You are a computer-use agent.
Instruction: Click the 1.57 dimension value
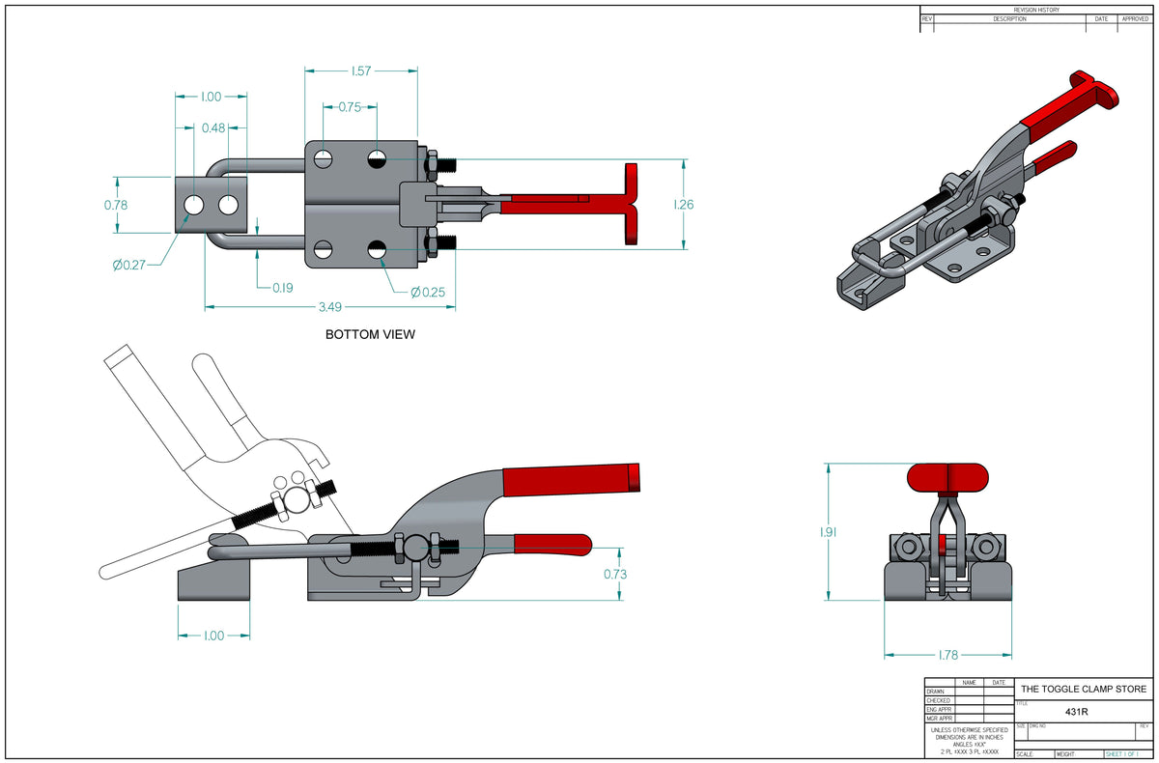(x=361, y=71)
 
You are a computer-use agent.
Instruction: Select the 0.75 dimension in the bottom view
(x=350, y=107)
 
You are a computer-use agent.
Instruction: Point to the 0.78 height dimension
(x=116, y=205)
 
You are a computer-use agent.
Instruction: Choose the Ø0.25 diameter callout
(x=428, y=292)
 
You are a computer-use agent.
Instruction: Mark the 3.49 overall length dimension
(x=329, y=307)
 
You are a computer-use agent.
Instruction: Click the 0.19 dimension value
(x=283, y=287)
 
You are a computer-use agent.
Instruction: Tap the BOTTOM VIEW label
(x=370, y=335)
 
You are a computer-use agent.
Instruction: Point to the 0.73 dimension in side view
(x=616, y=574)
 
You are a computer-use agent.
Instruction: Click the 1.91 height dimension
(x=829, y=531)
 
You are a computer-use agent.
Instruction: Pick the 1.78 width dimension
(x=948, y=655)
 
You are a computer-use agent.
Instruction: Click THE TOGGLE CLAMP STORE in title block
(x=1084, y=689)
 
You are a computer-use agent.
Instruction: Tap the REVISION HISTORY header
(x=1036, y=10)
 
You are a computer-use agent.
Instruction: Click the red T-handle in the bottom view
(x=632, y=204)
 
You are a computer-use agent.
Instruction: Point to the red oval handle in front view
(x=948, y=477)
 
